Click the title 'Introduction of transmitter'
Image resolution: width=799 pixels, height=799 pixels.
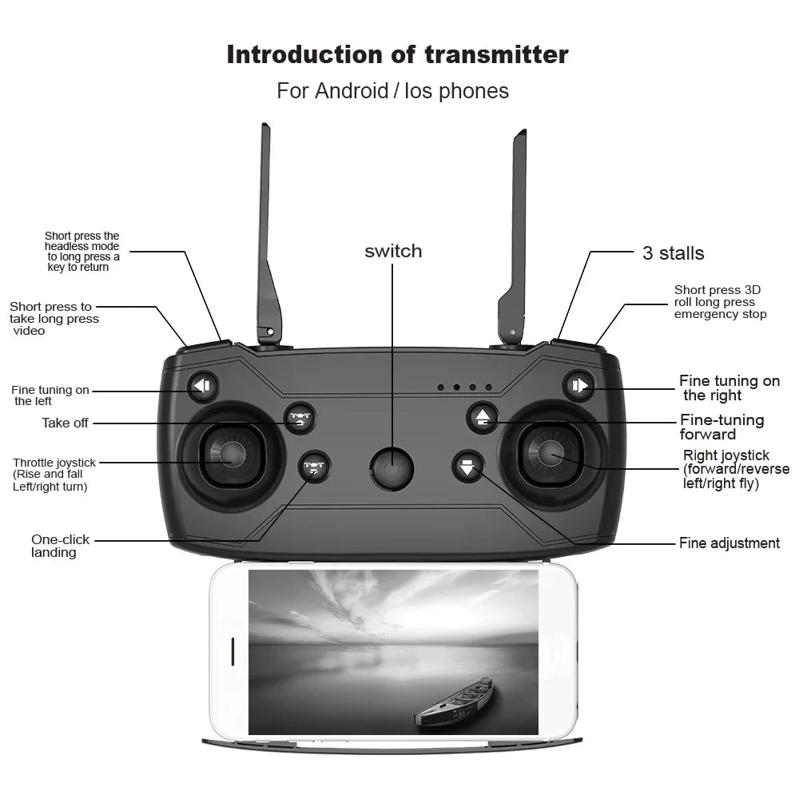[397, 54]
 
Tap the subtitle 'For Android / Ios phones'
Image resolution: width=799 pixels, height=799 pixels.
[392, 91]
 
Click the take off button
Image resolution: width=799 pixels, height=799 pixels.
[300, 419]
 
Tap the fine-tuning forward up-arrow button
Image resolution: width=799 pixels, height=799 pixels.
[483, 418]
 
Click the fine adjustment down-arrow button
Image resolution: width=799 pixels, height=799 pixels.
[467, 466]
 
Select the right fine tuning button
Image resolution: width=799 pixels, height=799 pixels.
[578, 386]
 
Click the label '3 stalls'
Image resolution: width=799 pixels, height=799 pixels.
[673, 253]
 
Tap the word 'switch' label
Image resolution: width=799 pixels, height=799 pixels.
[393, 251]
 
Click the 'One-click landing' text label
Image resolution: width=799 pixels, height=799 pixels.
[61, 546]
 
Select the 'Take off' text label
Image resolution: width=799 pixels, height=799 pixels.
[65, 423]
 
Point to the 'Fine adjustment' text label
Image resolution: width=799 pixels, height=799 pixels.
[729, 543]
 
